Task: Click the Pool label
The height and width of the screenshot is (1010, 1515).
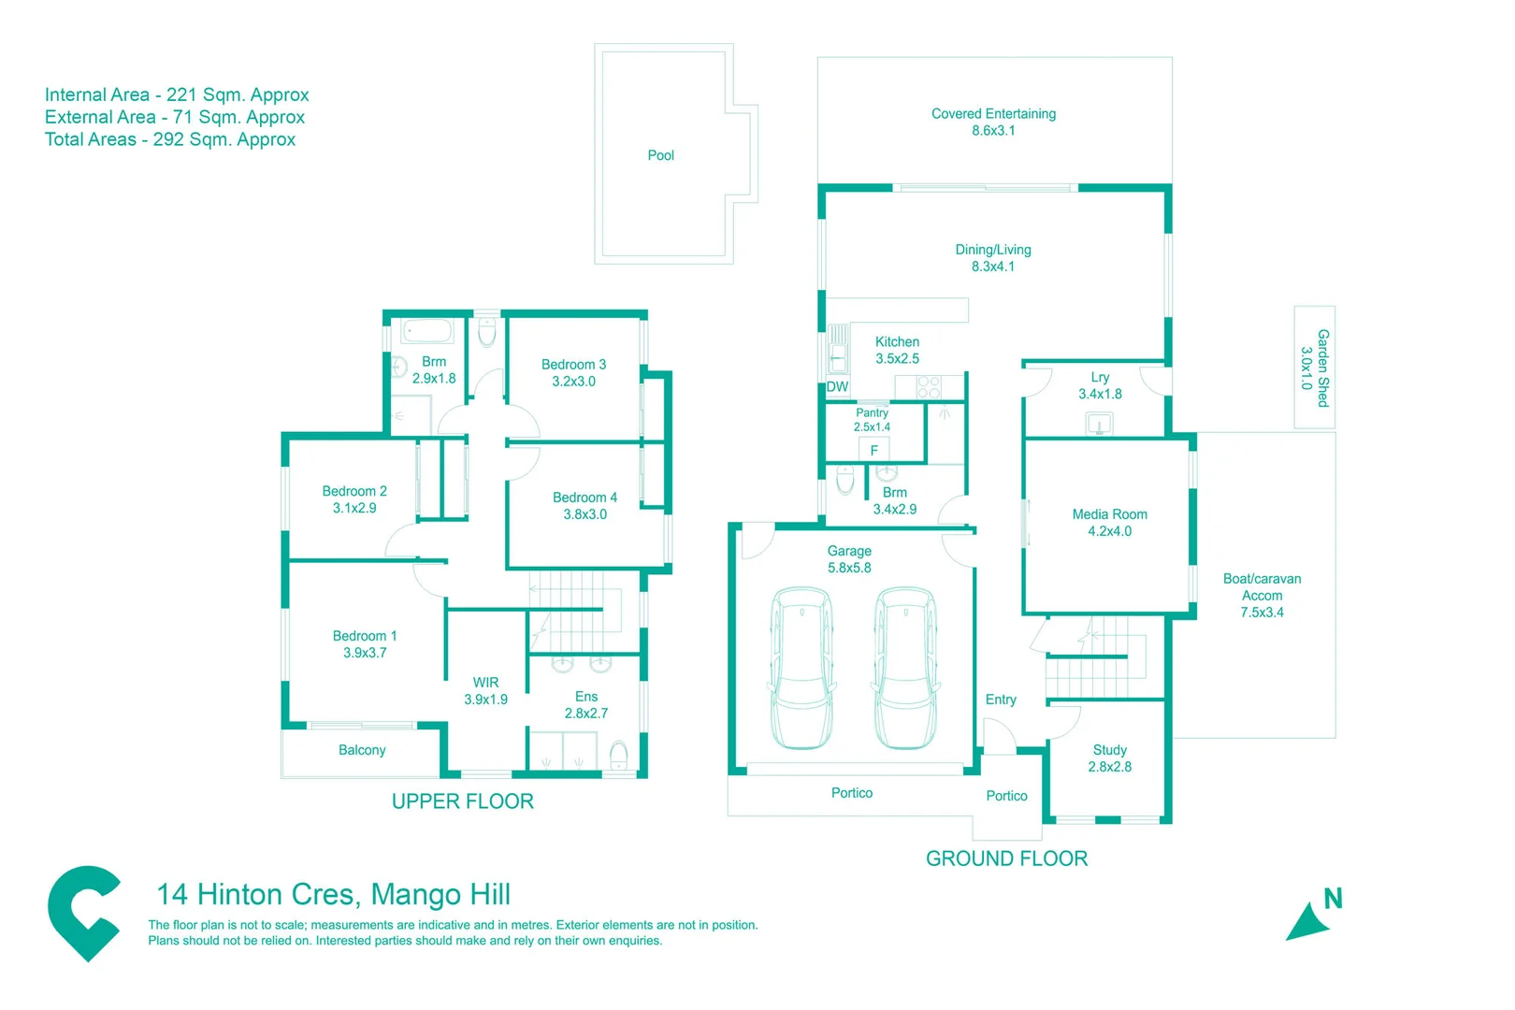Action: [660, 155]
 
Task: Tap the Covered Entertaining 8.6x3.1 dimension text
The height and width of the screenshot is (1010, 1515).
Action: [993, 131]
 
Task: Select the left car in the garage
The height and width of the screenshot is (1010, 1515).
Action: [801, 668]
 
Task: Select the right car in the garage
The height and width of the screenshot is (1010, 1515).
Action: [905, 668]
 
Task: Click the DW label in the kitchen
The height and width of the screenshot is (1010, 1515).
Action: [837, 386]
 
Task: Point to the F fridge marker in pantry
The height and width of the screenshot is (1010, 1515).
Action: [874, 451]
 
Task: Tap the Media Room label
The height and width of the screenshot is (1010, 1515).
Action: [1109, 514]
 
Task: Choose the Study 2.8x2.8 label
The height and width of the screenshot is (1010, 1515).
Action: [1109, 758]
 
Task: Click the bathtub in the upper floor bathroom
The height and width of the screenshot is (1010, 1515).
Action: [427, 331]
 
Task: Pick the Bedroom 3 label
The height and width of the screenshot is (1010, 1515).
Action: [573, 365]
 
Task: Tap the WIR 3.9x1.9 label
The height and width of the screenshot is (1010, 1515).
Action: [485, 691]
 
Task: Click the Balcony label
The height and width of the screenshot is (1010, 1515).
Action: [362, 750]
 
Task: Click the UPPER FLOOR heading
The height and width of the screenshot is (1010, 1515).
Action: [462, 801]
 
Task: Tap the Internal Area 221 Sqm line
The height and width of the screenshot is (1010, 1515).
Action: [177, 95]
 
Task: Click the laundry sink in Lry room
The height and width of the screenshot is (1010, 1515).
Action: [1099, 425]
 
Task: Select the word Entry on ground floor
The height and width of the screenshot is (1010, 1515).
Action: [1000, 700]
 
